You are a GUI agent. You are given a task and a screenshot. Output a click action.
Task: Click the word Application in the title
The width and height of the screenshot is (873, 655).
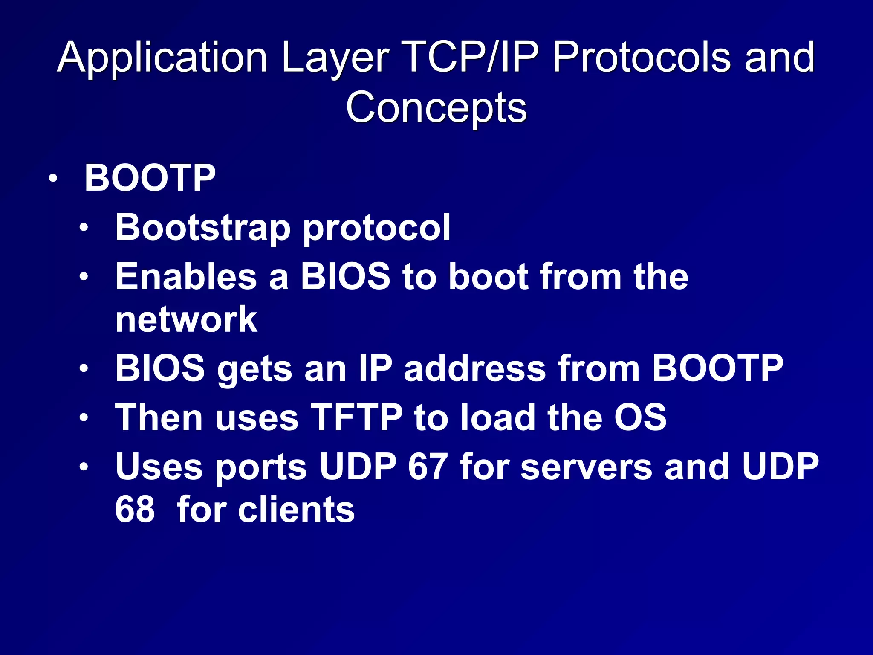coord(162,58)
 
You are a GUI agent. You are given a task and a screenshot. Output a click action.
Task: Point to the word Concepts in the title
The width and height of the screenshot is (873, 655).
coord(436,107)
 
